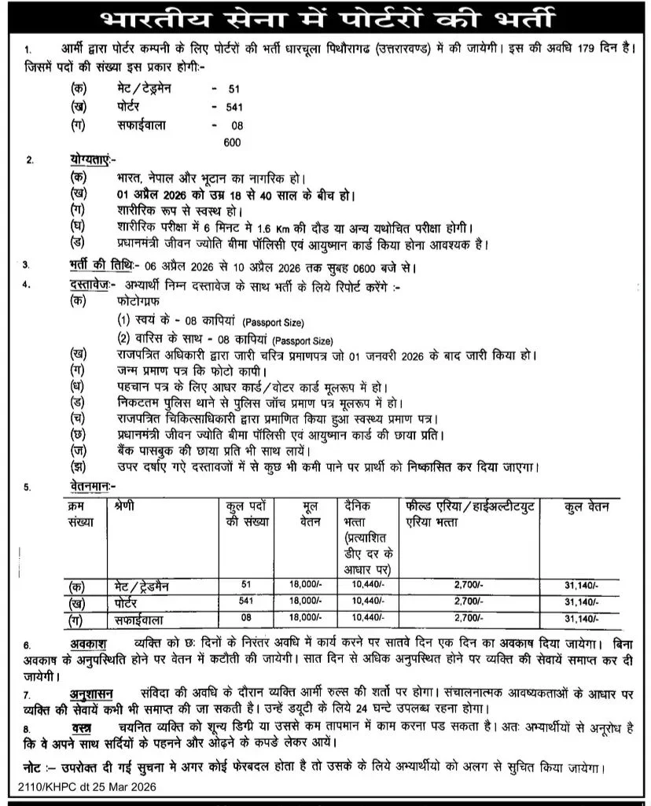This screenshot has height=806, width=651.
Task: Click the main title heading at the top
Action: [x=325, y=17]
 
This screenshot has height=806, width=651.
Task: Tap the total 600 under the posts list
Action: [x=230, y=142]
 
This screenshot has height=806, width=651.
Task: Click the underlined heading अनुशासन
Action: [x=93, y=694]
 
